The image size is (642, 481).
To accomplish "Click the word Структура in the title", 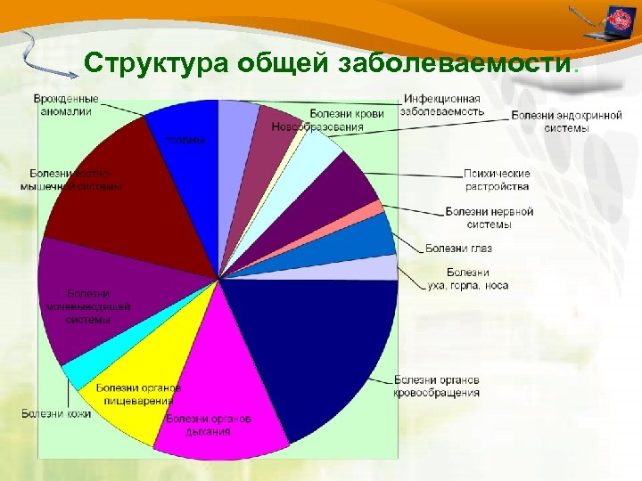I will click(157, 64).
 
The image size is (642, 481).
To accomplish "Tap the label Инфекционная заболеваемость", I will click(442, 105).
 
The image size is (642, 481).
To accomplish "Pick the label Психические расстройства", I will click(497, 180).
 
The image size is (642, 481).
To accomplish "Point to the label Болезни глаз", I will click(458, 248).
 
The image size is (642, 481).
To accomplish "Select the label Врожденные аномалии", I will click(66, 105).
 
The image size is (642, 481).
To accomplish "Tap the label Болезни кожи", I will click(55, 413).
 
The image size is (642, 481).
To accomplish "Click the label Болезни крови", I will click(348, 113).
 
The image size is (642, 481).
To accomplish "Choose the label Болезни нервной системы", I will click(490, 218).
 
